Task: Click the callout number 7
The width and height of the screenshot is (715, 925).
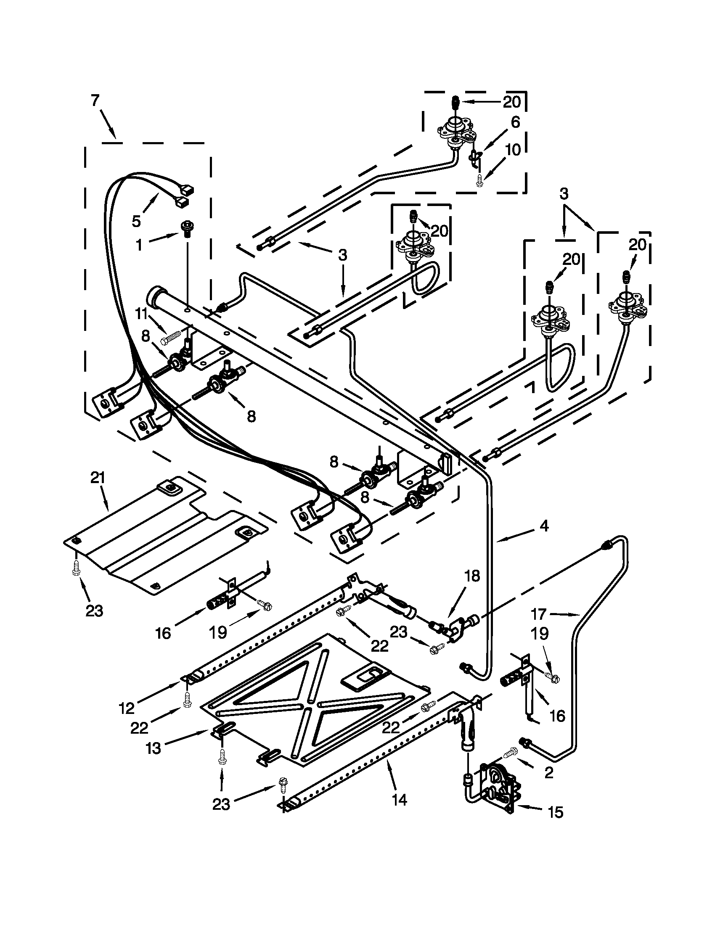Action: [95, 101]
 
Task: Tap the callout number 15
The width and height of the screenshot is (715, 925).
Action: [556, 812]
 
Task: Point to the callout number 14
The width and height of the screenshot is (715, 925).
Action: [400, 800]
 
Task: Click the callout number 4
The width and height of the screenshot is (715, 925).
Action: [544, 526]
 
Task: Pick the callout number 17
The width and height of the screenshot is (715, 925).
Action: [539, 614]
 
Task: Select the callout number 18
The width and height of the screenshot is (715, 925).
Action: [472, 576]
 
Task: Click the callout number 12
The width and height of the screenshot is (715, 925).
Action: [127, 708]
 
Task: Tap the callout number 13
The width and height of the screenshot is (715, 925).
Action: [154, 748]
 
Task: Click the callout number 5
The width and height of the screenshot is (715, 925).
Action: [136, 220]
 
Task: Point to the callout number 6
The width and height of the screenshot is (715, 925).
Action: [515, 122]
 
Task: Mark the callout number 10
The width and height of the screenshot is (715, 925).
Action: [513, 150]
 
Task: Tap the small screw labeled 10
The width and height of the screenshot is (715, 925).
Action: [479, 180]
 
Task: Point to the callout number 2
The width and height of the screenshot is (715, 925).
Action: [548, 773]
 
